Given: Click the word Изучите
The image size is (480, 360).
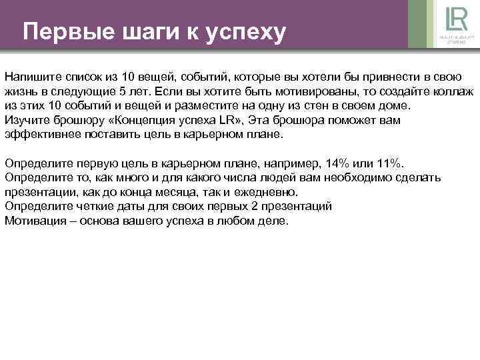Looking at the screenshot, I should [27, 120].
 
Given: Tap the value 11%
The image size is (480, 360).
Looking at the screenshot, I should [389, 163].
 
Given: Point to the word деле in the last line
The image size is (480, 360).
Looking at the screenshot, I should [273, 221].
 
